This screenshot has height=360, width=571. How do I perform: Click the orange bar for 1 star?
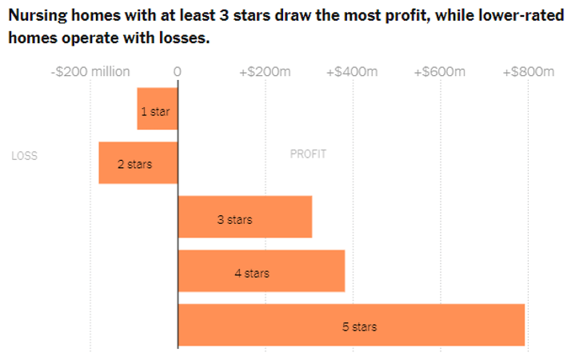coord(157,109)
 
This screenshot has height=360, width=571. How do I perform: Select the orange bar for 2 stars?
coord(138,163)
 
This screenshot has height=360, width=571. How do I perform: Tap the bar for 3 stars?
coord(245,217)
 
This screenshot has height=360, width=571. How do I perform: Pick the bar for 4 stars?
coord(262,271)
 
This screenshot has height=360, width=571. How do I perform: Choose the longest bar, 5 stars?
coord(351,325)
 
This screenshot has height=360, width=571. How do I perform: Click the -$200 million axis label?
coord(90,72)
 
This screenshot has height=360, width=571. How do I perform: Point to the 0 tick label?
coord(178,72)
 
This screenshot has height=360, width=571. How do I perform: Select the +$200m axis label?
coord(265,72)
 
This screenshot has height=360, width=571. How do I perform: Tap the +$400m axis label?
coord(353,72)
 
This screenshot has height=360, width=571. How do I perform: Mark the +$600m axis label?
coord(440,72)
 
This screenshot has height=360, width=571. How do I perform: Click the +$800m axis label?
coord(528,72)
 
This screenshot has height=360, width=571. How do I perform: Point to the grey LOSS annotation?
coord(25,156)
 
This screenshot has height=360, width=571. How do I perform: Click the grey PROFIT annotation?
coord(308,154)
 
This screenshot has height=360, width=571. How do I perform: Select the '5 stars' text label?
coord(359,326)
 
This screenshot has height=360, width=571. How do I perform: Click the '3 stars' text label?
coord(234,219)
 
